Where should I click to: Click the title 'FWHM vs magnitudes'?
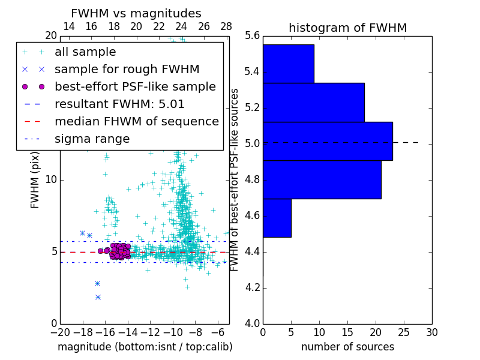click(x=136, y=13)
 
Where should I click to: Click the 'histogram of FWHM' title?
click(x=347, y=28)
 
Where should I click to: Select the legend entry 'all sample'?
click(x=85, y=52)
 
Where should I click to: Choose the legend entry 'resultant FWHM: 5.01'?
click(x=119, y=104)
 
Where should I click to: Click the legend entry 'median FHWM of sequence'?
click(x=136, y=121)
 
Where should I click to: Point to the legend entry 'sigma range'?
click(x=92, y=139)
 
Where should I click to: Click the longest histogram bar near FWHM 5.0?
click(x=328, y=141)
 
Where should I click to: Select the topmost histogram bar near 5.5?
click(x=288, y=64)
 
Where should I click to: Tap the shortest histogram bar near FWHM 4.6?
click(x=277, y=218)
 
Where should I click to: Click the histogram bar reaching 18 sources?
click(x=313, y=102)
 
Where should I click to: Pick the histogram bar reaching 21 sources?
click(x=322, y=179)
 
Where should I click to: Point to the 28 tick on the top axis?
click(x=226, y=26)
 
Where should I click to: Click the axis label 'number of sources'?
click(x=347, y=347)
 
